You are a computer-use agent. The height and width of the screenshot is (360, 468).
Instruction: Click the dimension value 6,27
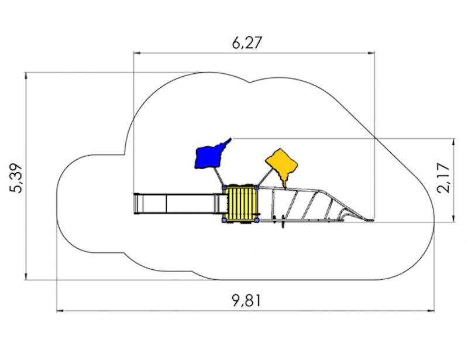[x=247, y=43]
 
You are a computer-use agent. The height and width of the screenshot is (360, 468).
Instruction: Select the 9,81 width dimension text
[x=246, y=300]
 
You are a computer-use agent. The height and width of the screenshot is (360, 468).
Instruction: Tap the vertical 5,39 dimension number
[x=16, y=179]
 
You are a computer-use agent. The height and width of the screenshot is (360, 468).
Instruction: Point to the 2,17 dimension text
[x=443, y=178]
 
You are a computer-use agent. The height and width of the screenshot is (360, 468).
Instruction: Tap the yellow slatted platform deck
[x=240, y=204]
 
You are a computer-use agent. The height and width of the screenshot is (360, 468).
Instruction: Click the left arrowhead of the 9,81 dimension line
[x=60, y=311]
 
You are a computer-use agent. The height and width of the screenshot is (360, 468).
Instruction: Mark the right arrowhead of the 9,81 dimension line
[x=431, y=311]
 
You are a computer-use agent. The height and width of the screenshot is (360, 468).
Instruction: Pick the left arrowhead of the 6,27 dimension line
[x=137, y=53]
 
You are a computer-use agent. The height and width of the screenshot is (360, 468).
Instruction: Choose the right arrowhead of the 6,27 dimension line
[x=371, y=53]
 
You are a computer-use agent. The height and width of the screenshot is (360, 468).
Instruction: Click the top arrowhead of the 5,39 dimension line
[x=26, y=76]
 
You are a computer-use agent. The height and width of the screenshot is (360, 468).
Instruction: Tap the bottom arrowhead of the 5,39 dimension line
[x=26, y=276]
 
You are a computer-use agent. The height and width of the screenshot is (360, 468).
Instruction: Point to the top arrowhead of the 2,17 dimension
[x=454, y=142]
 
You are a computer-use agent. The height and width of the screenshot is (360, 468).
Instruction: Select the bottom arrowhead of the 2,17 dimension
[x=454, y=218]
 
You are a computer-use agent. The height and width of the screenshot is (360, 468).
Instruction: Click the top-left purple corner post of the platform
[x=224, y=187]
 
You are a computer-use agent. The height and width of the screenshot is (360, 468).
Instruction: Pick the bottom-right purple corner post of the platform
[x=256, y=220]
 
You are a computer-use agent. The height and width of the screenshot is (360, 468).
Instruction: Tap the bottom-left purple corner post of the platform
[x=224, y=220]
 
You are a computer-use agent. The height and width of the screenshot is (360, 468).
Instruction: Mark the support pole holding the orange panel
[x=265, y=177]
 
